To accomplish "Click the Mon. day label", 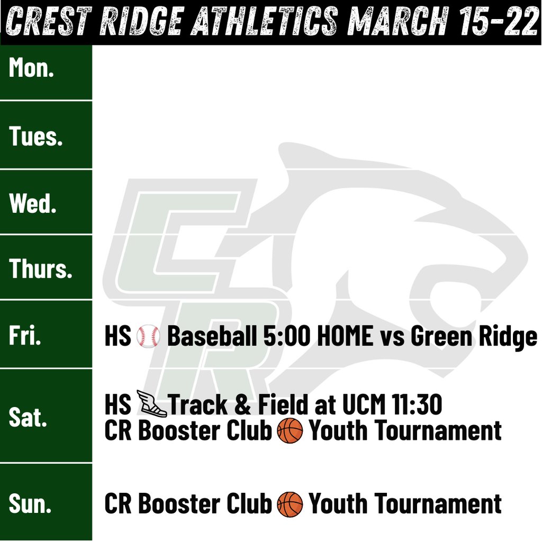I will click(x=32, y=69).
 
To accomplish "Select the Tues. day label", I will click(x=36, y=137).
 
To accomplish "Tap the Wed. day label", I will click(x=33, y=203).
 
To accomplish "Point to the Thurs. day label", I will click(x=41, y=269).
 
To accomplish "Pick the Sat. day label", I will click(x=28, y=417).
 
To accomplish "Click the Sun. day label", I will click(x=30, y=503).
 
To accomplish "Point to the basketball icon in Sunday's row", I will click(x=290, y=504).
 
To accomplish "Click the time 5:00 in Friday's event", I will click(x=285, y=337).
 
